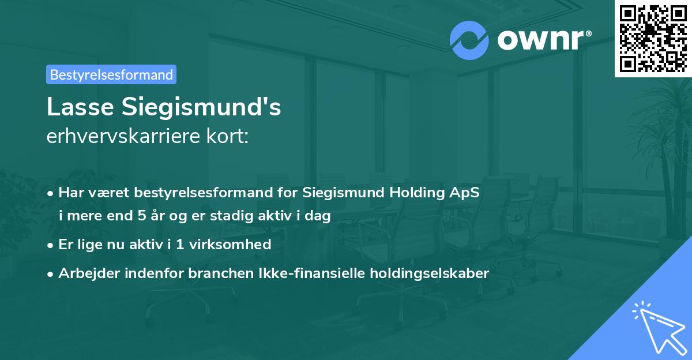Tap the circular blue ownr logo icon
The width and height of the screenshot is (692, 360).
pos(469,40)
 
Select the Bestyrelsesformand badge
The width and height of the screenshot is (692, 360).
pos(111,74)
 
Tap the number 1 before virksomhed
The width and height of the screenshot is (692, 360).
pos(180,245)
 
